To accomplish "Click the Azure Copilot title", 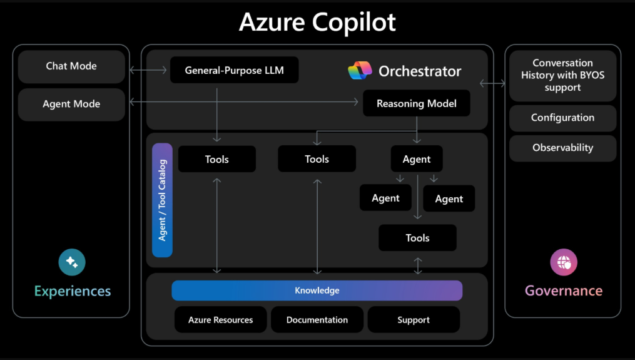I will pyautogui.click(x=317, y=23).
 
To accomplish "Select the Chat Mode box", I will pyautogui.click(x=71, y=66).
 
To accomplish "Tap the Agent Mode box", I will pyautogui.click(x=71, y=105).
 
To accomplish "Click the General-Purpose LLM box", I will pyautogui.click(x=234, y=70).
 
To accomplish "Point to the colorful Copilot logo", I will pyautogui.click(x=360, y=71).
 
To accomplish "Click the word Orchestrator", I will pyautogui.click(x=420, y=71).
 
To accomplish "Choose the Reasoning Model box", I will pyautogui.click(x=416, y=103).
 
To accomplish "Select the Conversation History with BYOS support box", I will pyautogui.click(x=562, y=76).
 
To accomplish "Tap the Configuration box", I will pyautogui.click(x=562, y=118).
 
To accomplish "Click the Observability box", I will pyautogui.click(x=562, y=148).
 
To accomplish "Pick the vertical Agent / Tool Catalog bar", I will pyautogui.click(x=162, y=200).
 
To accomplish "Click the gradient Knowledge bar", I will pyautogui.click(x=317, y=291).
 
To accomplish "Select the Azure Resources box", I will pyautogui.click(x=220, y=320).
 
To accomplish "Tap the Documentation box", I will pyautogui.click(x=317, y=320).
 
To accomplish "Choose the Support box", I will pyautogui.click(x=413, y=320).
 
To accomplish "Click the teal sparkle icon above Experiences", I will pyautogui.click(x=72, y=262).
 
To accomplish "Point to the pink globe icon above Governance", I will pyautogui.click(x=563, y=262).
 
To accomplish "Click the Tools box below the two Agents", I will pyautogui.click(x=417, y=238).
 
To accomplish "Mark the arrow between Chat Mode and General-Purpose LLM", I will pyautogui.click(x=150, y=70).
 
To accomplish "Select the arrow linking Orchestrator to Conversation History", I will pyautogui.click(x=492, y=83).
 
